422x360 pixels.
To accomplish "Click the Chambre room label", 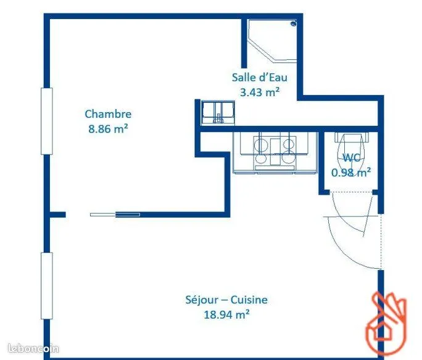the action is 108,114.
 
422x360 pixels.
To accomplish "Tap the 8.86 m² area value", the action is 108,129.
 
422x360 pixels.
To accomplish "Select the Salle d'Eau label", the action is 260,78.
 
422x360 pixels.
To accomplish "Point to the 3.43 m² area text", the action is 260,92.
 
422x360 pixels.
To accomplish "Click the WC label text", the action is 351,158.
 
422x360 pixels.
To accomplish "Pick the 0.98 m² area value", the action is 351,173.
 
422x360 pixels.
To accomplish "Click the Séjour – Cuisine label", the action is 226,300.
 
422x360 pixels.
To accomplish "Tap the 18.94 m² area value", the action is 226,314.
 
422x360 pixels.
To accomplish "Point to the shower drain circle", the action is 293,23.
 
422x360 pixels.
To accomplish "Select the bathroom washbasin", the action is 218,113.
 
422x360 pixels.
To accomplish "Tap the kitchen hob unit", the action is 275,152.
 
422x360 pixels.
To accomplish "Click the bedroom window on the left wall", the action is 46,121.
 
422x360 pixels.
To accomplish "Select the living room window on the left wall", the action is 46,286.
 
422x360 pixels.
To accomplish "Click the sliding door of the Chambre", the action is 115,215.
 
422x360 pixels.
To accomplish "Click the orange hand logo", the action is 386,322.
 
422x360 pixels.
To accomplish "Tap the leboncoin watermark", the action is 33,349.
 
